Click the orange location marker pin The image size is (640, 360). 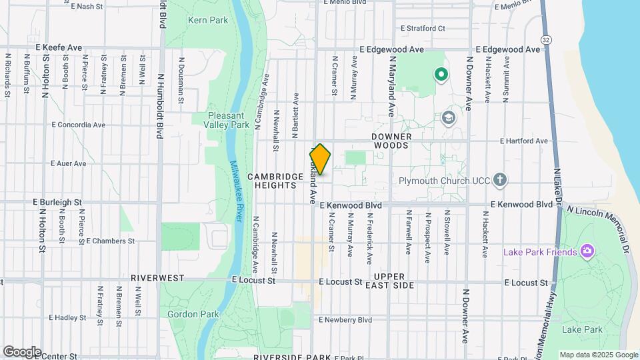[x=320, y=159]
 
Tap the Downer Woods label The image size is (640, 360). [x=392, y=141]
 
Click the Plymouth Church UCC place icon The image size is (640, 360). [x=501, y=181]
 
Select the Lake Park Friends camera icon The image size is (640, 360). [x=587, y=251]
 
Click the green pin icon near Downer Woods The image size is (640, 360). [x=440, y=74]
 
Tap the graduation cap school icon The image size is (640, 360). [x=448, y=118]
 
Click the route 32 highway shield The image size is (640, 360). [x=546, y=40]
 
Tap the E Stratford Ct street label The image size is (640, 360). [x=423, y=29]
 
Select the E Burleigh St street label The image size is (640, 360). [x=59, y=201]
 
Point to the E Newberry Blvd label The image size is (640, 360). [x=345, y=320]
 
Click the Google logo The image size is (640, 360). [x=22, y=352]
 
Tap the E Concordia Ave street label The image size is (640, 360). [x=79, y=125]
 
